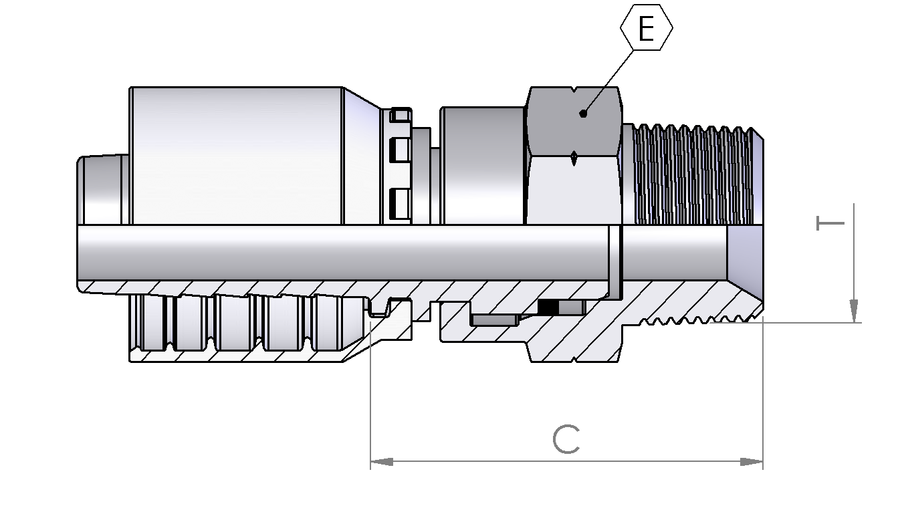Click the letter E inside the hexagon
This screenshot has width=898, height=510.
coord(646,29)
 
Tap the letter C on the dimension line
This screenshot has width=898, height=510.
coord(566,439)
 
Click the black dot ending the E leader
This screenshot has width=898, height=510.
coord(583,114)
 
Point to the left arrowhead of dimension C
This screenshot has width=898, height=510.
coord(382,462)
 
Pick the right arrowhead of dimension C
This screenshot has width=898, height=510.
coord(752,462)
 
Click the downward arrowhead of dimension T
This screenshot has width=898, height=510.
coord(854,311)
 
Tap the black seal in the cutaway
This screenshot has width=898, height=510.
coord(548,307)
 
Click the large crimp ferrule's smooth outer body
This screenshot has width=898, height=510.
coord(237,156)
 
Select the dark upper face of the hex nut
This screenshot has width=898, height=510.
coord(574,121)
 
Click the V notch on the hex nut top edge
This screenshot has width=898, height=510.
coord(574,90)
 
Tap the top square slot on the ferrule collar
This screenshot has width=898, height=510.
coord(401,116)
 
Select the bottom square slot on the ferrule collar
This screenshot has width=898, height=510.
coord(400,204)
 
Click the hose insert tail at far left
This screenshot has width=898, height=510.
coord(102,190)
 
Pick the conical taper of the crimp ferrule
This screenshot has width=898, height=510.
coord(362,156)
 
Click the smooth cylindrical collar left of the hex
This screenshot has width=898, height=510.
coord(482,166)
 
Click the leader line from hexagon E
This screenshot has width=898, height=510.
coord(608,82)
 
